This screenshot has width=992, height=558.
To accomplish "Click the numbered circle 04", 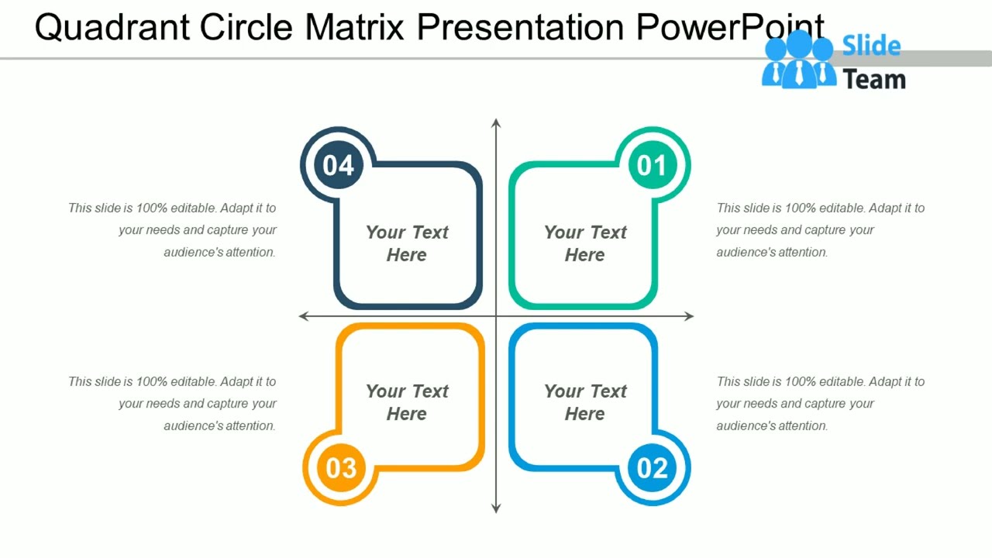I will click(x=339, y=165).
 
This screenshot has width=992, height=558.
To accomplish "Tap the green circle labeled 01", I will click(x=652, y=165).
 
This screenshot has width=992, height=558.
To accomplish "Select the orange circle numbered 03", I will click(x=341, y=467).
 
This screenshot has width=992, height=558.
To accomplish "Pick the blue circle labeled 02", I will click(x=652, y=467).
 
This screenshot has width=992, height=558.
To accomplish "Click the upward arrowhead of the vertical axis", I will click(x=496, y=123).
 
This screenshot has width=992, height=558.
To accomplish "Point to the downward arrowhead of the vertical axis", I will click(x=496, y=508).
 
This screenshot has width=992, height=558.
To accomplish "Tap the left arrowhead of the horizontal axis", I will click(x=304, y=316).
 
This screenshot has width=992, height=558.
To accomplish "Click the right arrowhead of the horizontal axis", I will click(x=689, y=316).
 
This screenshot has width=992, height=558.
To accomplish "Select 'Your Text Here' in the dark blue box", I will click(x=407, y=243).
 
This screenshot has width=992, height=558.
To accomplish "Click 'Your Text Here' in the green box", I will click(x=585, y=243).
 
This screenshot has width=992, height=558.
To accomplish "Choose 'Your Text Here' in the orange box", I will click(x=407, y=402).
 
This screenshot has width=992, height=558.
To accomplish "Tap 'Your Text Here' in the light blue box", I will click(x=585, y=402).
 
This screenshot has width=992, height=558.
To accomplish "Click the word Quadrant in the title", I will click(x=112, y=28).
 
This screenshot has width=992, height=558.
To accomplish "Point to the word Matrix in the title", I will click(x=354, y=28).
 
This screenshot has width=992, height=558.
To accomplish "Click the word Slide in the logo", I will click(x=871, y=46).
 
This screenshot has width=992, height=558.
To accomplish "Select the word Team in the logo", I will click(x=874, y=79).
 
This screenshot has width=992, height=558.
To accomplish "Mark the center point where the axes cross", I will click(x=496, y=316).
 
